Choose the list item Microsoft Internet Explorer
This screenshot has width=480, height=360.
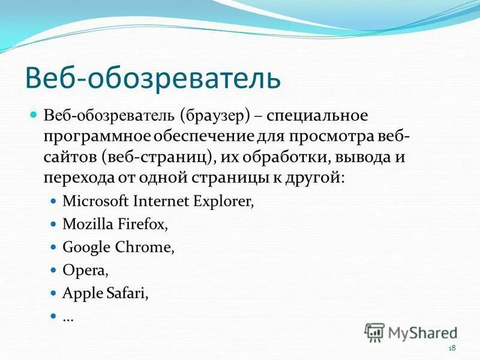pos(158,201)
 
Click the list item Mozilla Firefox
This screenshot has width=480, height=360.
pos(115,224)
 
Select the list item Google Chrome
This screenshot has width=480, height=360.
pos(118,247)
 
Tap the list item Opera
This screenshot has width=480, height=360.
pos(85,271)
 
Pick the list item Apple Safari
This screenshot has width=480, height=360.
pos(105,293)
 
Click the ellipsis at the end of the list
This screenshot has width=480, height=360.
pos(68,317)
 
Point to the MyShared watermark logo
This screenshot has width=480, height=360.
pos(411,332)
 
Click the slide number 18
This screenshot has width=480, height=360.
pos(452,349)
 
